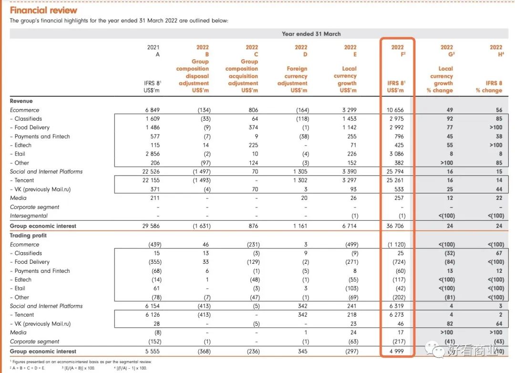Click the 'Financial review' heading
coord(43,10)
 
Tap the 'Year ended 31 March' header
coord(311,34)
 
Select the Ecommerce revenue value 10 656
coord(395,110)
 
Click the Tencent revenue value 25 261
coord(395,180)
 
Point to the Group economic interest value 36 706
coord(395,226)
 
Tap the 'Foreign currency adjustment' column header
coord(296,76)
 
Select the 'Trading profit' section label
coord(28,236)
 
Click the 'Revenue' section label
coord(21,101)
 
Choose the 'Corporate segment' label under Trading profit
coord(35,342)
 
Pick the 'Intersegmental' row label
coord(29,216)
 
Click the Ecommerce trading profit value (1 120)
coord(395,245)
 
